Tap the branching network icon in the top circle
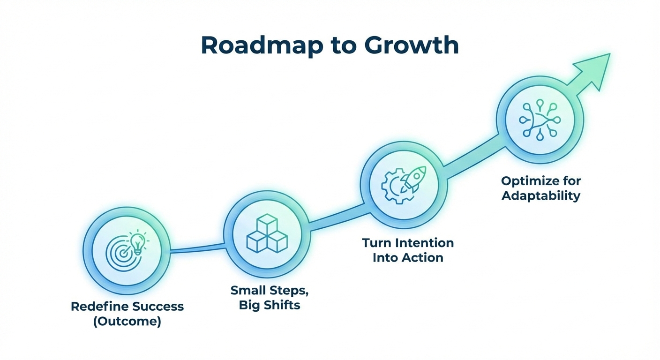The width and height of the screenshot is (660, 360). pyautogui.click(x=540, y=119)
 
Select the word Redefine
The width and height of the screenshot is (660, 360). pyautogui.click(x=98, y=307)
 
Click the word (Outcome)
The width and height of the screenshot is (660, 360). pyautogui.click(x=127, y=322)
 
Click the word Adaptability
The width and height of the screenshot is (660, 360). pyautogui.click(x=541, y=195)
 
